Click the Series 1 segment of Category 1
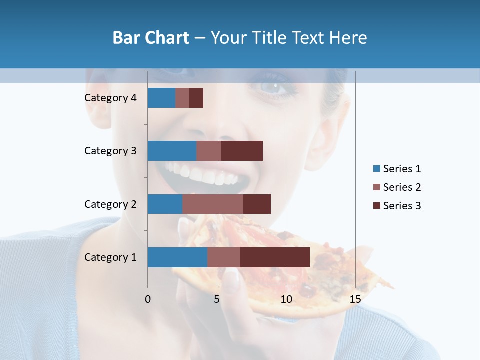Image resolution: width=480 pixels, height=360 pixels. (177, 257)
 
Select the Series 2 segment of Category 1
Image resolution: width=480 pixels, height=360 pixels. (224, 257)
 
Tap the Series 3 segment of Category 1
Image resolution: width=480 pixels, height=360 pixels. (275, 257)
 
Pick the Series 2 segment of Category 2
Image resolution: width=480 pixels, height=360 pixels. (213, 204)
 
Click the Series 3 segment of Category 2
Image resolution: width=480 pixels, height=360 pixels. (257, 204)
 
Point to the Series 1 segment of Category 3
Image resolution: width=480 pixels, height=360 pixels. (172, 151)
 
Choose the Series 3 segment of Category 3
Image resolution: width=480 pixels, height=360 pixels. (242, 151)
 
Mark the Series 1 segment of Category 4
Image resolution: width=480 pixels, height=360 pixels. (161, 98)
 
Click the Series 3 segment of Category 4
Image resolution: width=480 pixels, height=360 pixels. (196, 98)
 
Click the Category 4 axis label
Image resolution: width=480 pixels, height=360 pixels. (110, 98)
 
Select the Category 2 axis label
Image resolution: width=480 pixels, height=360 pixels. (110, 204)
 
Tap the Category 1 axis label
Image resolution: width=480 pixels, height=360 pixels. (110, 257)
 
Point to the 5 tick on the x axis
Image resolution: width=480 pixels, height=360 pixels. (217, 299)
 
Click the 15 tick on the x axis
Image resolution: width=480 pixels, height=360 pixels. (355, 299)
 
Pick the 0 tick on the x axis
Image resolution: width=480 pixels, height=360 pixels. (148, 299)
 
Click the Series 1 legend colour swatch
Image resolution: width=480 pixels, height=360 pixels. (376, 169)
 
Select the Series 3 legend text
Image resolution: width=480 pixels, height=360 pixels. (402, 206)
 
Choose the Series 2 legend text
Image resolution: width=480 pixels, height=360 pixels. (402, 187)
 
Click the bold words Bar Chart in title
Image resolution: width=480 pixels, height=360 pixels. (151, 37)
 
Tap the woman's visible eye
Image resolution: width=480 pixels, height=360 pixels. (272, 86)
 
